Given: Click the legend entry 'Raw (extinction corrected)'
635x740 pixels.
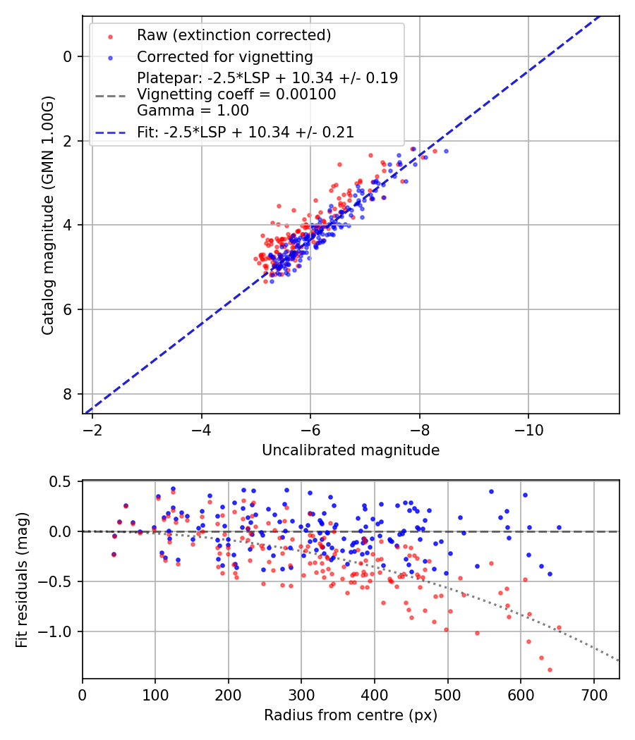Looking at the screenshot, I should point(234,35).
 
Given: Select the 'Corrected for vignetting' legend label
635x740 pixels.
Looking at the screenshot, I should point(224,56).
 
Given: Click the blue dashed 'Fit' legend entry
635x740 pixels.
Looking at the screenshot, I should point(245,132).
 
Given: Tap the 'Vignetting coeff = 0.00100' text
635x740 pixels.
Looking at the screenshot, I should point(236,94).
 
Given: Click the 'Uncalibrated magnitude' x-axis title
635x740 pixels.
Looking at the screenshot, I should point(351,450).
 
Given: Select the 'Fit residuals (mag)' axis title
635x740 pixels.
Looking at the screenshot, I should point(22,580).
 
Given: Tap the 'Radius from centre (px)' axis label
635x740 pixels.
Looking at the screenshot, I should point(351,715).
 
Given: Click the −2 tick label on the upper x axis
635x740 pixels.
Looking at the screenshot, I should point(92,429).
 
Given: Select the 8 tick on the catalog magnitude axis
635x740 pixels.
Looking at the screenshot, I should point(68,394).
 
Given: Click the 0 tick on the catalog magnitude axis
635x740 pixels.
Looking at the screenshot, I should point(68,56).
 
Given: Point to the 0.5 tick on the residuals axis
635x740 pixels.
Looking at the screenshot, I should point(62,481).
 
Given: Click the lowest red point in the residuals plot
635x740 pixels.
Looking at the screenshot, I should point(550,670).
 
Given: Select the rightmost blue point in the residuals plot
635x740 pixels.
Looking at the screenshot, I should point(559,527).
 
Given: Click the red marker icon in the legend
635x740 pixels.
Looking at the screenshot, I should point(110,36).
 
